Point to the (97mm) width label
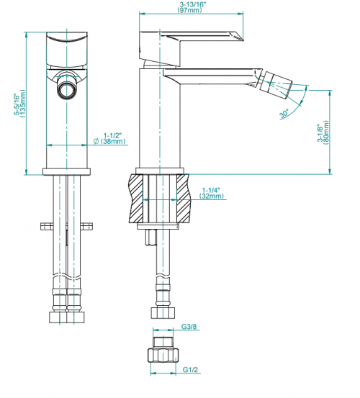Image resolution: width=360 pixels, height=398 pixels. pyautogui.click(x=189, y=10)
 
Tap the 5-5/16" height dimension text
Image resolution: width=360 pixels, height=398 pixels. pyautogui.click(x=17, y=104)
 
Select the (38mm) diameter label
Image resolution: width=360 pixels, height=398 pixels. pyautogui.click(x=113, y=141)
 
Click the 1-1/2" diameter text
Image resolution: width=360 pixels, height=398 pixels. pyautogui.click(x=113, y=135)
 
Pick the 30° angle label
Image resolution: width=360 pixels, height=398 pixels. pyautogui.click(x=284, y=114)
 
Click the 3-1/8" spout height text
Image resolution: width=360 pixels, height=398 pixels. pyautogui.click(x=320, y=132)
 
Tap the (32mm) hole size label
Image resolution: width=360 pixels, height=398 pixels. pyautogui.click(x=212, y=196)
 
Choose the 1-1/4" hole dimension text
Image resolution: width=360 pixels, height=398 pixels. pyautogui.click(x=211, y=190)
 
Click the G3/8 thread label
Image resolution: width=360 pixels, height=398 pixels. pyautogui.click(x=189, y=327)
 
